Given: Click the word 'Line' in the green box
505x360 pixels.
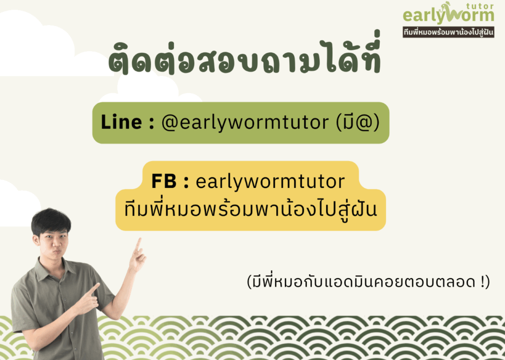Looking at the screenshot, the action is click(x=121, y=122).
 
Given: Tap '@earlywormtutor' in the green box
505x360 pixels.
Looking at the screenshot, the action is click(x=245, y=123).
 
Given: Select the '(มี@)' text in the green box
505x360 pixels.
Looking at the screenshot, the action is click(x=358, y=122).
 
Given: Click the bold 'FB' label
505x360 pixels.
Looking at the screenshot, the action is click(x=164, y=181).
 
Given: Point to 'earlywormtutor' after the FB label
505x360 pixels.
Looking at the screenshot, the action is click(x=270, y=181).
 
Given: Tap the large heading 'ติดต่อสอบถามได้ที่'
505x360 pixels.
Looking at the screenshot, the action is click(x=245, y=55).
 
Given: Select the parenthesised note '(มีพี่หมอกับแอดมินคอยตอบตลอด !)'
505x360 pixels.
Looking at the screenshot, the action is click(x=368, y=282).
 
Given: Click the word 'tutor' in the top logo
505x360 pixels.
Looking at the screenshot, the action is click(x=480, y=6).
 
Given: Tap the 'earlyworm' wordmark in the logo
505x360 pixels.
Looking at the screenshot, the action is click(x=448, y=15).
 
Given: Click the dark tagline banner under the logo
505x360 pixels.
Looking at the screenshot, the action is click(x=448, y=32).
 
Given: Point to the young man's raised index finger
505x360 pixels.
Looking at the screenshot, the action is click(x=139, y=245).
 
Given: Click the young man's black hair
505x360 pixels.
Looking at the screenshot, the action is click(x=51, y=220).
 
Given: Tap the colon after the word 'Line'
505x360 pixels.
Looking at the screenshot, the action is click(x=151, y=123).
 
